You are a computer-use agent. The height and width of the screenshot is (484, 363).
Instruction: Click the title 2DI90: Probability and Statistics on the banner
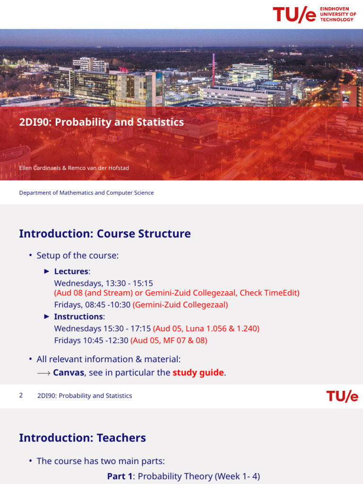click(x=101, y=122)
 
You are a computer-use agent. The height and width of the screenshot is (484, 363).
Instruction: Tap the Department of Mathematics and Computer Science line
click(x=86, y=193)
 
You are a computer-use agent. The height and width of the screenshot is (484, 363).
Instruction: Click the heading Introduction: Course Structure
click(x=104, y=233)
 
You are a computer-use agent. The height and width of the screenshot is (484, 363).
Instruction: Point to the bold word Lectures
click(x=71, y=271)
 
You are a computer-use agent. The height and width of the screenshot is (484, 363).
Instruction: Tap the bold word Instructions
click(x=78, y=317)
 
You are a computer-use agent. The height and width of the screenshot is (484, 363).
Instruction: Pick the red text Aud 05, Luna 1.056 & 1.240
click(x=206, y=328)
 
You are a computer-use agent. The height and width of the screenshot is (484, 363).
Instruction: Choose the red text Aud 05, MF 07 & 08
click(x=169, y=340)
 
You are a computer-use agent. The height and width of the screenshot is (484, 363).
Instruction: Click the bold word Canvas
click(x=69, y=372)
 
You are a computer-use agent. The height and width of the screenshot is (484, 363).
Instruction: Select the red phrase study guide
click(x=198, y=372)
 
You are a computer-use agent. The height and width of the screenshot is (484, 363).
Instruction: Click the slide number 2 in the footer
click(x=21, y=396)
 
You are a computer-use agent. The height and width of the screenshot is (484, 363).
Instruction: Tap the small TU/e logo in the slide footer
click(x=342, y=396)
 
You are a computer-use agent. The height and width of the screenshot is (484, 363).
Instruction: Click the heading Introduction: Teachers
click(x=82, y=438)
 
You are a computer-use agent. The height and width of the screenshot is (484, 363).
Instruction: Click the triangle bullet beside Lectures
click(x=46, y=271)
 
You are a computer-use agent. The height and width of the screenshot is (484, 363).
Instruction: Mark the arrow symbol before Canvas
click(x=43, y=373)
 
